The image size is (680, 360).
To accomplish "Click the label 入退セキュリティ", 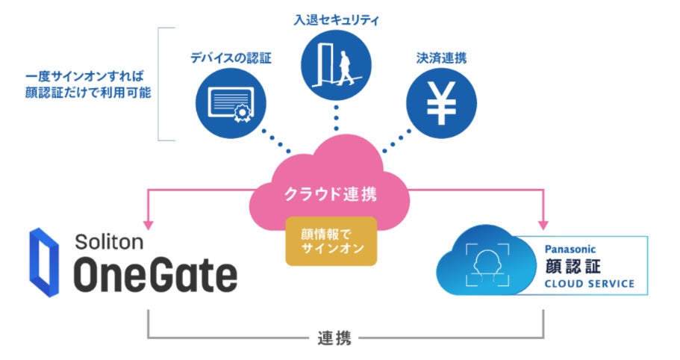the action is tap(336, 19).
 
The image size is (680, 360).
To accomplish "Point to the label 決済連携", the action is tap(443, 58).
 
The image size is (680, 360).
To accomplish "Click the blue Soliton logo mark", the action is tap(43, 263).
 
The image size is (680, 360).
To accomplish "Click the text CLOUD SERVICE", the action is tap(589, 284).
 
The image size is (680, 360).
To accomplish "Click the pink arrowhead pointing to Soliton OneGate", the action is tap(150, 223).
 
